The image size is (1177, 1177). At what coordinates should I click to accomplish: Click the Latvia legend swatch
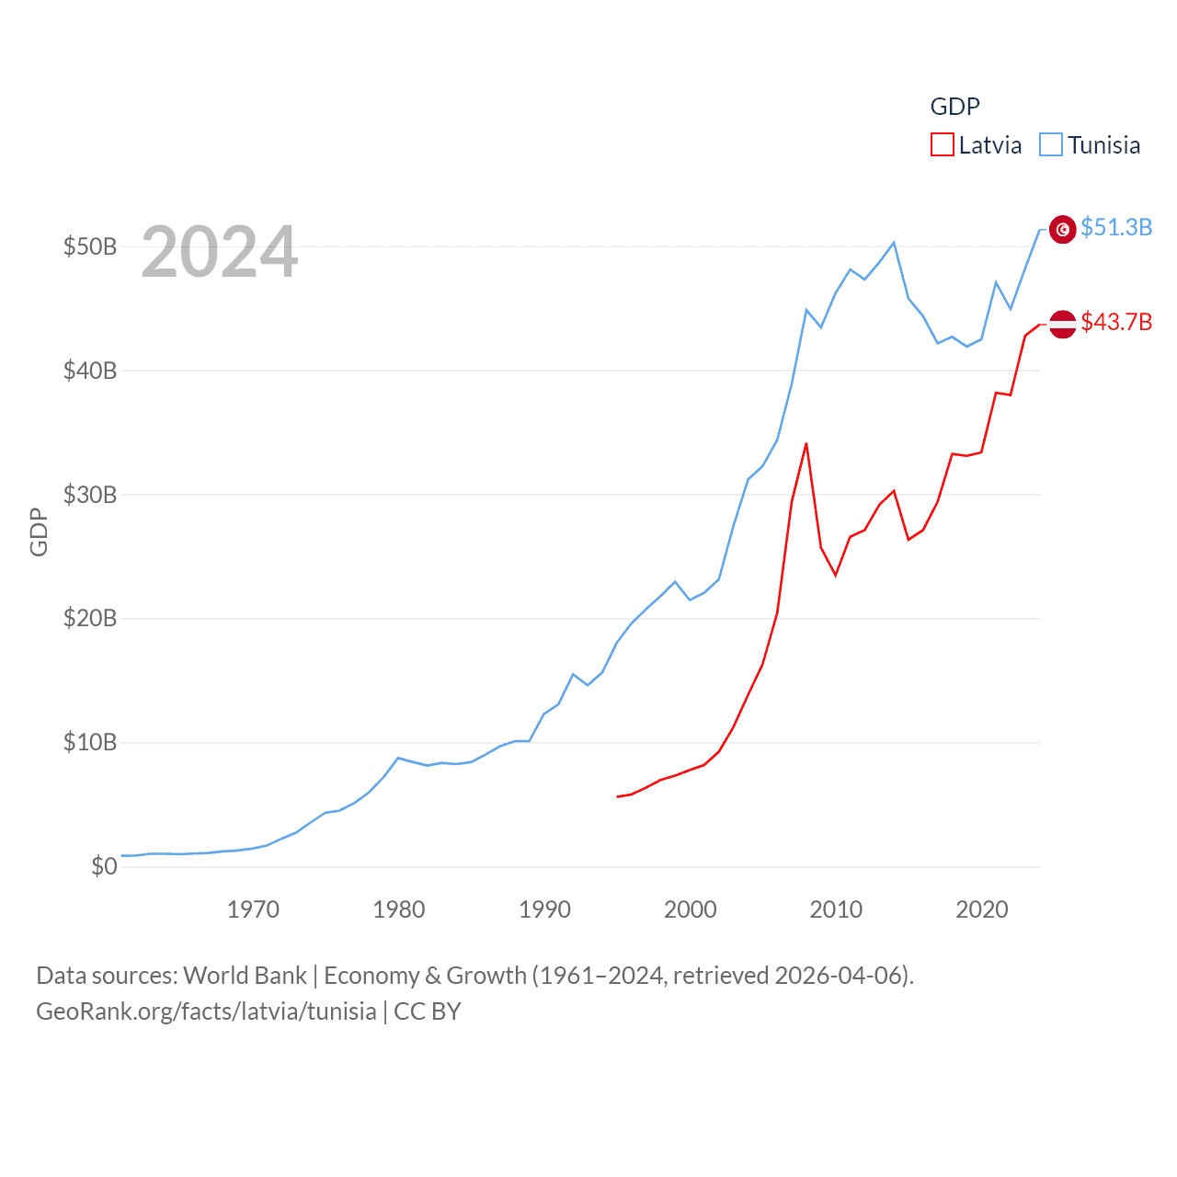click(943, 145)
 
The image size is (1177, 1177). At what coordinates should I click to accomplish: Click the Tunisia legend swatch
click(1051, 145)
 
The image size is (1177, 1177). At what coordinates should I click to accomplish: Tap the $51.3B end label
click(1116, 227)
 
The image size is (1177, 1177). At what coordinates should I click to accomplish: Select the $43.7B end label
click(1116, 322)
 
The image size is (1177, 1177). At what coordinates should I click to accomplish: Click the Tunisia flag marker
click(1063, 229)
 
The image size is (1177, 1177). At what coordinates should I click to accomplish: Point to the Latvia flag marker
click(1063, 324)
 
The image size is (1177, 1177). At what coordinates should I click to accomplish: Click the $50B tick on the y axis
click(90, 246)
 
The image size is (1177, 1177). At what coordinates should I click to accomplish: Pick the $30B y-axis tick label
click(90, 495)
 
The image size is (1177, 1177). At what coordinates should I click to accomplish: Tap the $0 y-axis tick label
click(104, 866)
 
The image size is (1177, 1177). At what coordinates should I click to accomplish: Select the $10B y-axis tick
click(90, 742)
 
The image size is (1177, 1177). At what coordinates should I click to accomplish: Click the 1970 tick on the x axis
click(253, 909)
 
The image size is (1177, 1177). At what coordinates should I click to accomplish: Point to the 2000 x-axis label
click(691, 909)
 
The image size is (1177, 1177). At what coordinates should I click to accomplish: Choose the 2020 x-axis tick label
click(982, 909)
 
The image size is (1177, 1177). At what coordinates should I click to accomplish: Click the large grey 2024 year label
click(220, 251)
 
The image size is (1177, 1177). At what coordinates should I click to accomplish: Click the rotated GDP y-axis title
click(39, 531)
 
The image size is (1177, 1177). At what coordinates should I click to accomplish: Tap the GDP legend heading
click(955, 107)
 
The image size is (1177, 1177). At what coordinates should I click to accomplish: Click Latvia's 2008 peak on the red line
click(806, 444)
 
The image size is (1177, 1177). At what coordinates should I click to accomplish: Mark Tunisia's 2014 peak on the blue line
click(894, 243)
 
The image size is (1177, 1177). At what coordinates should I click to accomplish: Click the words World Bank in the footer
click(246, 976)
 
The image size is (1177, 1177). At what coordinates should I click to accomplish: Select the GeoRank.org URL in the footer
click(206, 1011)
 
